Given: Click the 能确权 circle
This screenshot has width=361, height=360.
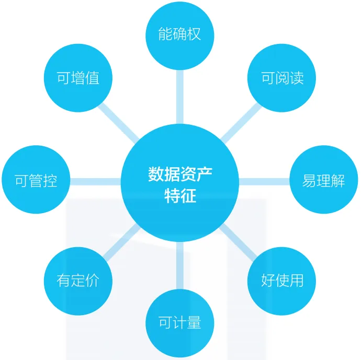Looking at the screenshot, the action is tap(180, 35).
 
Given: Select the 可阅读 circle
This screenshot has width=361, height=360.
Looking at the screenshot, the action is tap(282, 78).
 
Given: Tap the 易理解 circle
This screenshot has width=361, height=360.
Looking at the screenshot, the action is tap(324, 181).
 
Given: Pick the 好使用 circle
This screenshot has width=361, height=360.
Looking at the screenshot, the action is tap(282, 281).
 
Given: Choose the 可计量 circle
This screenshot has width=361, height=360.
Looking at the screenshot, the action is tap(180, 323).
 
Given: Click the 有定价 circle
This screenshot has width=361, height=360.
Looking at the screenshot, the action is tap(78, 281).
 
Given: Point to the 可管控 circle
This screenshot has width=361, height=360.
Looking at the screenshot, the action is tap(36, 181).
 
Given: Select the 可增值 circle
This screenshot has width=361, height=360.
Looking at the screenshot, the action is tap(78, 78).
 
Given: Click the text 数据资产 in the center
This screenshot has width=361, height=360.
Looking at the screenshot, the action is tap(180, 174).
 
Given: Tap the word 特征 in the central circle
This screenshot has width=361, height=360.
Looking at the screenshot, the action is tap(180, 196).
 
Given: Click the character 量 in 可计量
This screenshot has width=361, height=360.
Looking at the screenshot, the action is tap(194, 323).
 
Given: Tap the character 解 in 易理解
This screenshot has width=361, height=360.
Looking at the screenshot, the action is tap(339, 181).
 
